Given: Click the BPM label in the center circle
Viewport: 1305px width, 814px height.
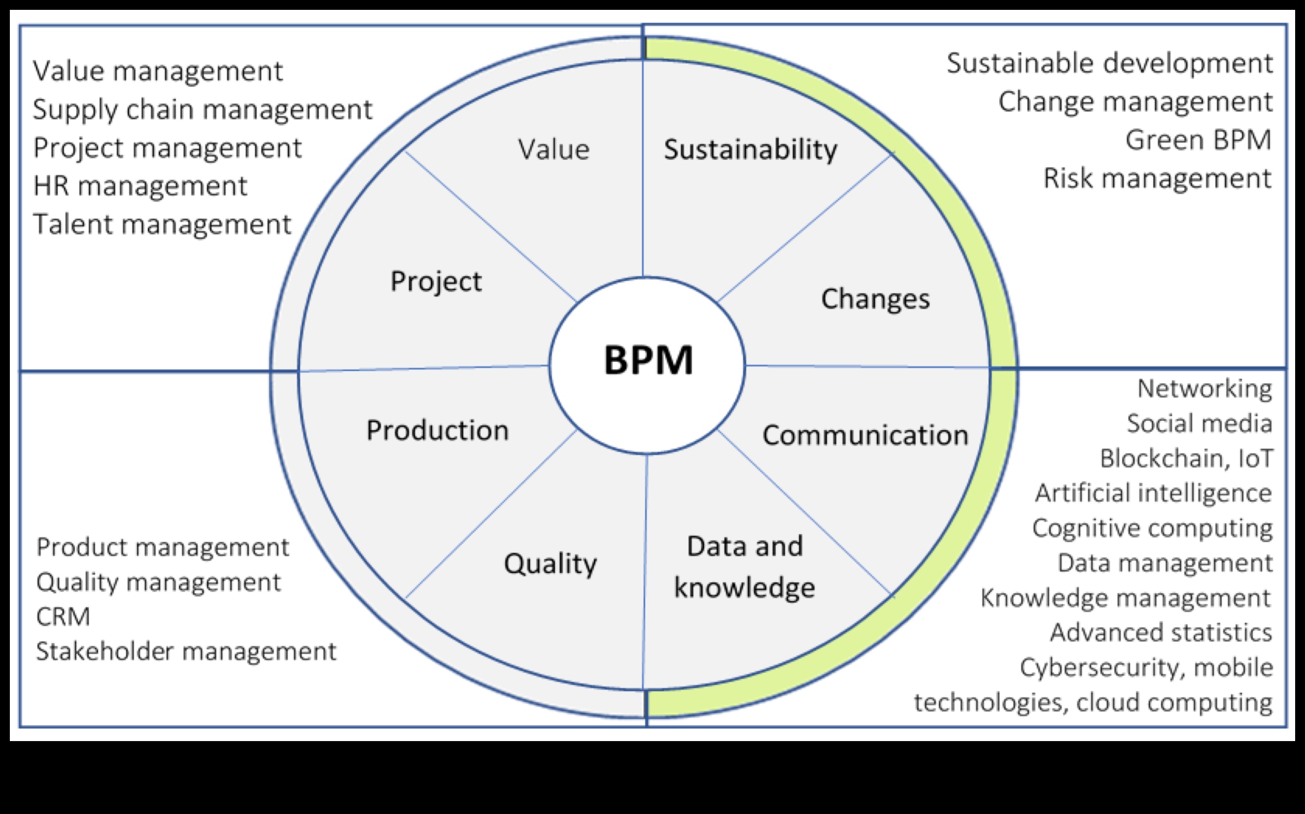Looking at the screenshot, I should (x=648, y=360).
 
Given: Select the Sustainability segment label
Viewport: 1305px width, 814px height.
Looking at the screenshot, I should (x=751, y=149).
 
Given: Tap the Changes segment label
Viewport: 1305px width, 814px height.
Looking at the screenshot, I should (x=875, y=299).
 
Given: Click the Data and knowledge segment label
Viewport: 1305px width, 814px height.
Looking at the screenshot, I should (x=745, y=566).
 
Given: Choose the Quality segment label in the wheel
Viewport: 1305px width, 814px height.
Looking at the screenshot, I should (x=550, y=564).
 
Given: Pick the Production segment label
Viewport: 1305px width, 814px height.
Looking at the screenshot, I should (x=437, y=430).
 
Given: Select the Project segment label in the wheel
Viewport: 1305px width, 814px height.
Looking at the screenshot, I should (x=436, y=281).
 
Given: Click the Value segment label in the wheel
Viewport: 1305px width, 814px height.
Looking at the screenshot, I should (x=553, y=149).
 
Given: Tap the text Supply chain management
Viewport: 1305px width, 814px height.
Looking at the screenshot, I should (x=203, y=109).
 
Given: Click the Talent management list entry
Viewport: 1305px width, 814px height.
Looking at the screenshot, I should (x=162, y=224).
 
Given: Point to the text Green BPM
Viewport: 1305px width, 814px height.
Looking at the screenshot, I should (x=1199, y=140).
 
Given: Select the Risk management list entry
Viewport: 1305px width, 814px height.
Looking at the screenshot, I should (x=1158, y=178).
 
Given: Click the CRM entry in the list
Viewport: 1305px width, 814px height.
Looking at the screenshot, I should (x=63, y=616).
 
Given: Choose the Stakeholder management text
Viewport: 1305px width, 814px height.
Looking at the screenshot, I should (x=186, y=651).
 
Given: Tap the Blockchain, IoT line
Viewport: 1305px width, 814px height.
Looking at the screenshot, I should (x=1186, y=458).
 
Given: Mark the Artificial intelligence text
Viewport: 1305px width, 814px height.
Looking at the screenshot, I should (x=1153, y=493).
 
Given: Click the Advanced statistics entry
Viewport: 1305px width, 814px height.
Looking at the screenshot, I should (x=1161, y=633).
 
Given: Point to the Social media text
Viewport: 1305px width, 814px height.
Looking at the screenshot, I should (x=1200, y=423).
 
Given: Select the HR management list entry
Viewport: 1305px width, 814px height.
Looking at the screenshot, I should (x=140, y=186).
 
